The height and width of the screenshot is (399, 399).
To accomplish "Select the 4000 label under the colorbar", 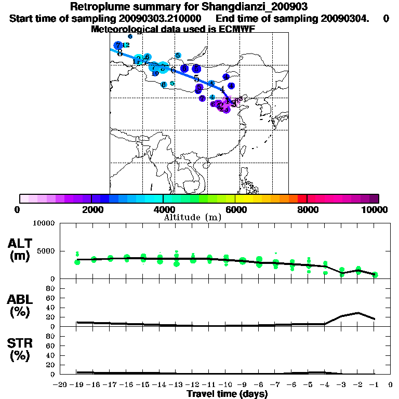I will (163, 209).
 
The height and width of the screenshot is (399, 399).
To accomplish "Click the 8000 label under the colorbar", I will (307, 209).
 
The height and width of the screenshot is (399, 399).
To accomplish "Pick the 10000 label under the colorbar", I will (376, 209).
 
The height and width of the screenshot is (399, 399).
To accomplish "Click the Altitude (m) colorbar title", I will (192, 217).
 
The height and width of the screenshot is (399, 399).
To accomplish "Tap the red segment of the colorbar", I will (302, 198).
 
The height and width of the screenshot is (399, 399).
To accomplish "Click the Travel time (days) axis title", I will (227, 394).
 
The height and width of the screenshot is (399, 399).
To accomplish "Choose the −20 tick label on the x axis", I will (61, 385).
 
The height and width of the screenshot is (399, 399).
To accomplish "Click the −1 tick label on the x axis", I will (374, 385).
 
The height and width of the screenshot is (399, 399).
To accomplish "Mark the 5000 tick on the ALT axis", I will (44, 251).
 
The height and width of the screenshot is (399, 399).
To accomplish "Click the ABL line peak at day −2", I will (358, 313).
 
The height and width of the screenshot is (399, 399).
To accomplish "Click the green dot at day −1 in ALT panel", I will (375, 274).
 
